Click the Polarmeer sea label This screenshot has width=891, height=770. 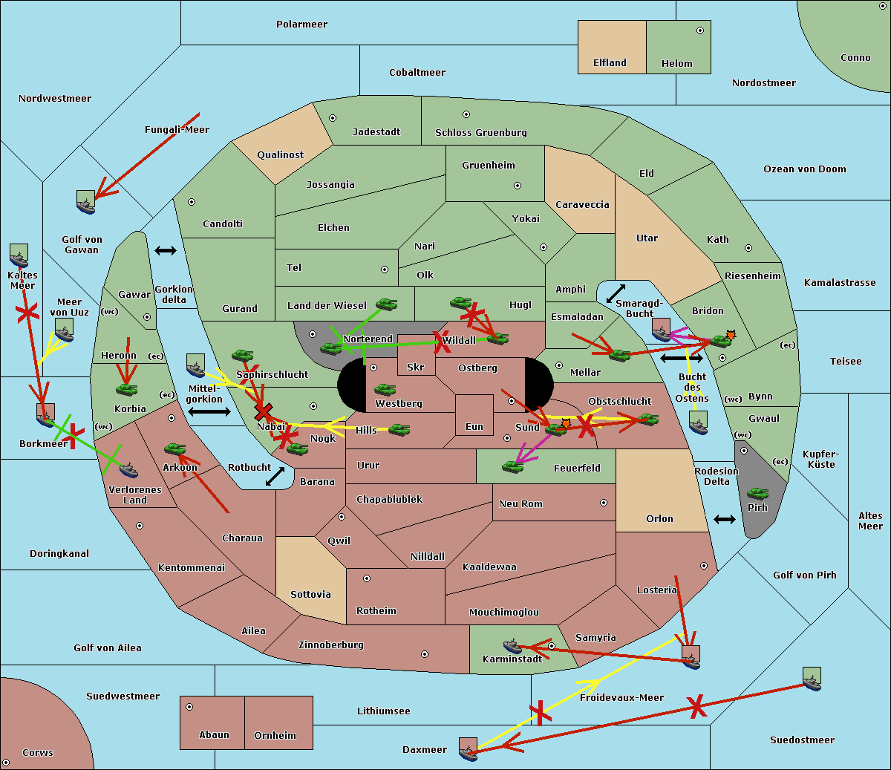301,25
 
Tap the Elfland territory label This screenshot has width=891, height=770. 610,63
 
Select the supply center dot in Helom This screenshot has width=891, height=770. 699,30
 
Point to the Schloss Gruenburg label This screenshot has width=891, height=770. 480,133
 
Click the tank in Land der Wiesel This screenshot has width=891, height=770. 386,304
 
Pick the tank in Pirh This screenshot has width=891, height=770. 757,494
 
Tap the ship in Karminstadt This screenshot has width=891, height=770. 512,645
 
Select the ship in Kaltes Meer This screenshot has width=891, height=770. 19,256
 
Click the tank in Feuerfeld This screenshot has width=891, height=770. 512,466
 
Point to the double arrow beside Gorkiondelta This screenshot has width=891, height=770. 165,251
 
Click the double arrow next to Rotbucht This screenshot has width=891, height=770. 275,476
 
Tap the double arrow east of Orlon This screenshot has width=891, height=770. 724,519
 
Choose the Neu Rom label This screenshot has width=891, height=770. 520,504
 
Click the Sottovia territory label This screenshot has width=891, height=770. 310,595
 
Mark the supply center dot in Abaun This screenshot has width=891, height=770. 189,707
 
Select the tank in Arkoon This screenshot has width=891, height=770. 174,448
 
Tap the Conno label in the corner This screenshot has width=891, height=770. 855,58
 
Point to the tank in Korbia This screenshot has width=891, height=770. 126,388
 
